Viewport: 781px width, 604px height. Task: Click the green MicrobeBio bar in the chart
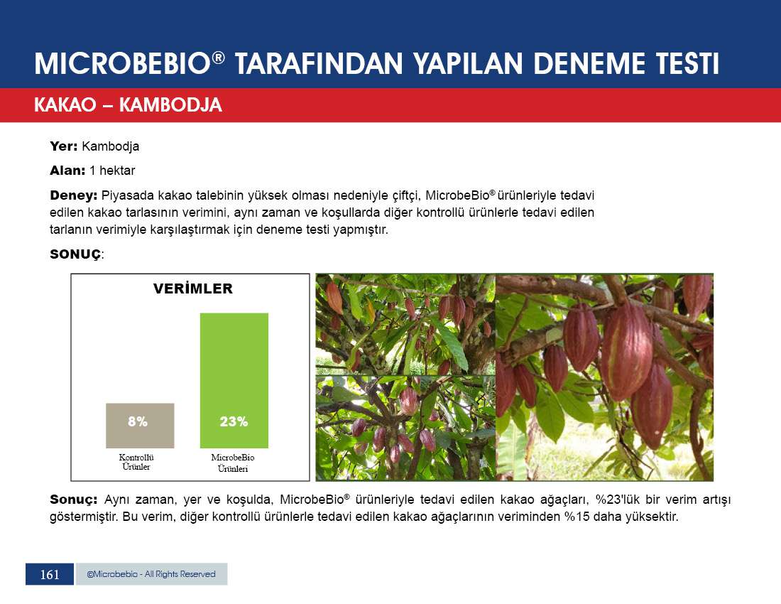click(234, 380)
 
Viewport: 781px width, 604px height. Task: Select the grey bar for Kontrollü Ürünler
click(140, 426)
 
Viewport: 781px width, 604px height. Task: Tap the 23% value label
click(234, 421)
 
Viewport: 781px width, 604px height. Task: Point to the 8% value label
click(138, 421)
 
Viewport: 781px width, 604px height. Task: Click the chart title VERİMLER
click(192, 288)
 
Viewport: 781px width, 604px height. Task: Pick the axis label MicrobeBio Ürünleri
click(233, 463)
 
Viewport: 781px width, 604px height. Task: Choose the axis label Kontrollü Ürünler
click(136, 462)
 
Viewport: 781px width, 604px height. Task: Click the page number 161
click(50, 575)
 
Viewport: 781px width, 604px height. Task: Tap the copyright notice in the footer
click(151, 574)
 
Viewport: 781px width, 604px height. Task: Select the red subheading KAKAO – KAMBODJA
click(128, 104)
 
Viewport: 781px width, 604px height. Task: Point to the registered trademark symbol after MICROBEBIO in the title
click(218, 58)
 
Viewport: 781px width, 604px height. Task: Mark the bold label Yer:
click(63, 146)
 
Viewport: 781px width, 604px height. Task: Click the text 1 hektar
click(112, 171)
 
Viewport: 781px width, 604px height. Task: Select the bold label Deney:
click(74, 196)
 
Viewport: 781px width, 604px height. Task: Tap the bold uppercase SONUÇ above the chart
click(75, 254)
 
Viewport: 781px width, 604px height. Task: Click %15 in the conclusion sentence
click(577, 517)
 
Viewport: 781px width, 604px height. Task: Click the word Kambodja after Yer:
click(111, 146)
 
